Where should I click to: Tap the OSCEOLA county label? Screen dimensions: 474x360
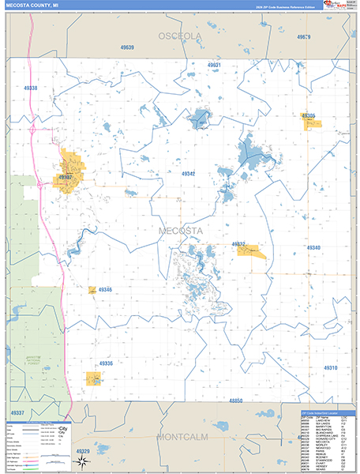180,36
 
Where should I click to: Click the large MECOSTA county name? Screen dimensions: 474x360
180,231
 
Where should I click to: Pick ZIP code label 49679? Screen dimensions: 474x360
304,37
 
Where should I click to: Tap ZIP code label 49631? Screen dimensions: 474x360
213,64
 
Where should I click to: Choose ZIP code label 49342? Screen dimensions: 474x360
188,173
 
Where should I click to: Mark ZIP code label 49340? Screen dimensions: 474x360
313,248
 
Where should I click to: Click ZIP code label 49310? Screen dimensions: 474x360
329,368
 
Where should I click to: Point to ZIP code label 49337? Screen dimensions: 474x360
18,412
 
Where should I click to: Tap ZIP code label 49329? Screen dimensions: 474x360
83,450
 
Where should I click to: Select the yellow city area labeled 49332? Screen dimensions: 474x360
251,250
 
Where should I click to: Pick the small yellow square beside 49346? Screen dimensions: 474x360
92,290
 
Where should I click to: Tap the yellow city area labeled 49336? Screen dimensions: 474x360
93,378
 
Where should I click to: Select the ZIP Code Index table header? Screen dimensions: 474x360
327,413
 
